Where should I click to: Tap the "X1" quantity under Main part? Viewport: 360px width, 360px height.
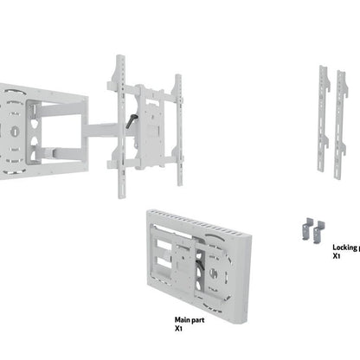tap(178, 328)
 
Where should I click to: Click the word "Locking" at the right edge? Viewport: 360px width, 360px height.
tap(346, 247)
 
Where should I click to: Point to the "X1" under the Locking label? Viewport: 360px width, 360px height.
tap(337, 256)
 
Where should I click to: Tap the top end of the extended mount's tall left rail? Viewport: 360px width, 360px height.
tap(120, 61)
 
